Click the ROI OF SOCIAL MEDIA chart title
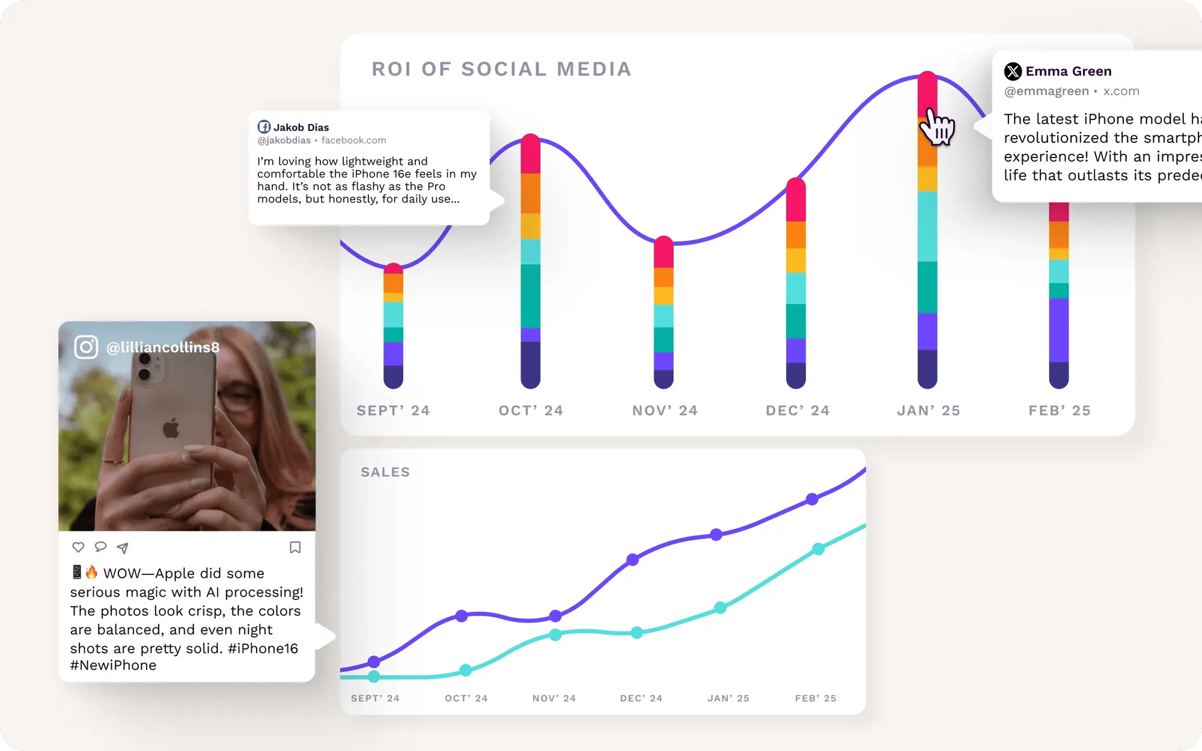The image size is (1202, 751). (501, 69)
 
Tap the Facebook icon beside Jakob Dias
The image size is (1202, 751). (264, 127)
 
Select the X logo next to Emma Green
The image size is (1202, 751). (1013, 71)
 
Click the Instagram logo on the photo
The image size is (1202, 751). (86, 347)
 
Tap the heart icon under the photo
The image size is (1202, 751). (78, 547)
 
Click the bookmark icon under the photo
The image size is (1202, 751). (295, 547)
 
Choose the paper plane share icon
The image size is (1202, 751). (123, 547)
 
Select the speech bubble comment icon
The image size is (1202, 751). (100, 547)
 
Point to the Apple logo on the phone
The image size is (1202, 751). (171, 428)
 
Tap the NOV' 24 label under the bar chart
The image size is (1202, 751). (665, 410)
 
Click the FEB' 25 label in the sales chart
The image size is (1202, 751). (816, 698)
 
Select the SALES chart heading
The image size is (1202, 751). (385, 472)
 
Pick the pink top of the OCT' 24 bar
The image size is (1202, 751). (531, 154)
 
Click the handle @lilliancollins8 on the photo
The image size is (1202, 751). (163, 347)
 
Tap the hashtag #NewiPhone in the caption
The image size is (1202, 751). (113, 665)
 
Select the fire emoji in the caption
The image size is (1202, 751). (91, 572)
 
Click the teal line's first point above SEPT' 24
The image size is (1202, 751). (374, 677)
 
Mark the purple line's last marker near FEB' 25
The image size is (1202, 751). (812, 499)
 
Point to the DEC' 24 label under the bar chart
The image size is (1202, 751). (798, 410)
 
